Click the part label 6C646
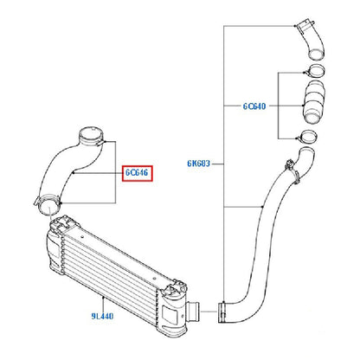(137, 173)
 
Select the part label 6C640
(254, 106)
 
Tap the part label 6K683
(199, 164)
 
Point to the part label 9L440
(102, 316)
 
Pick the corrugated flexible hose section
(313, 102)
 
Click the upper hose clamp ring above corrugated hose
(315, 71)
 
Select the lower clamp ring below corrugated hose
(309, 137)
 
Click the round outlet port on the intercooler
(194, 311)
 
